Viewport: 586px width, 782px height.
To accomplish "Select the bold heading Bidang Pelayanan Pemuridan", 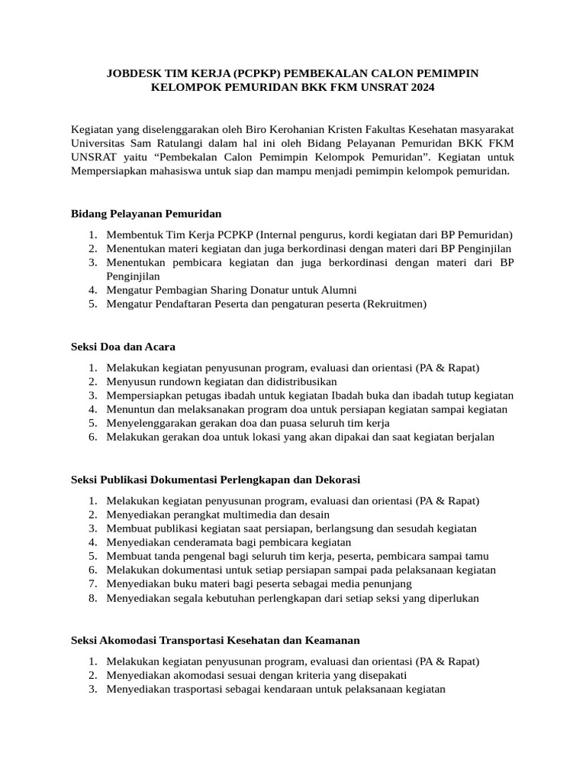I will click(x=146, y=213).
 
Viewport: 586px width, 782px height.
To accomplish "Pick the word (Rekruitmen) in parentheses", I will click(x=395, y=303).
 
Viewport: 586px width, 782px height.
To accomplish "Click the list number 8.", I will click(x=92, y=598).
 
